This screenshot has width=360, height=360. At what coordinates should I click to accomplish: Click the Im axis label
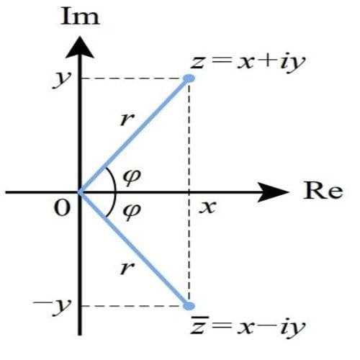coord(80,17)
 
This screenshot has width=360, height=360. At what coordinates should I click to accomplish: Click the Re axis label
coord(323,190)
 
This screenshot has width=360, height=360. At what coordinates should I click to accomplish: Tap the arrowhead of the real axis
coord(274,192)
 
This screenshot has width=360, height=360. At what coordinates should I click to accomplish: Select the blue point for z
coord(189,78)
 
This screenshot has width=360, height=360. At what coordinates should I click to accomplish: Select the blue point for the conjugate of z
coord(189,306)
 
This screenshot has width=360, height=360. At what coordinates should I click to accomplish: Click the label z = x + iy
coord(248,63)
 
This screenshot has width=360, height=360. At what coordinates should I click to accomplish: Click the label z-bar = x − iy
coord(248,326)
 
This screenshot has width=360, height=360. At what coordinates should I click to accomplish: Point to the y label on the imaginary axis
coord(62,79)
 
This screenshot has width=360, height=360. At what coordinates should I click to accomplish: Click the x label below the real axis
coord(207,207)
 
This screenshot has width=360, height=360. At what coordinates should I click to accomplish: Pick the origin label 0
coord(63,208)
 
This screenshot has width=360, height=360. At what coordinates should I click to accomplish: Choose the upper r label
coord(127,120)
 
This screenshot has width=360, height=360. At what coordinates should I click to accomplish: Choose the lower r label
coord(127,268)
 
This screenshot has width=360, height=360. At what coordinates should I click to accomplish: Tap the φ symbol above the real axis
coord(132,177)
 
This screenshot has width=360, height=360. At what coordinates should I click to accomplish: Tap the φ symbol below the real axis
coord(132,212)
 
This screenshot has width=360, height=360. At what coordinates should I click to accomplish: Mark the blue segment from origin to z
coord(134,135)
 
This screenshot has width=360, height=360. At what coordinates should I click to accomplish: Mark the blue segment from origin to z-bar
coord(134,249)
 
